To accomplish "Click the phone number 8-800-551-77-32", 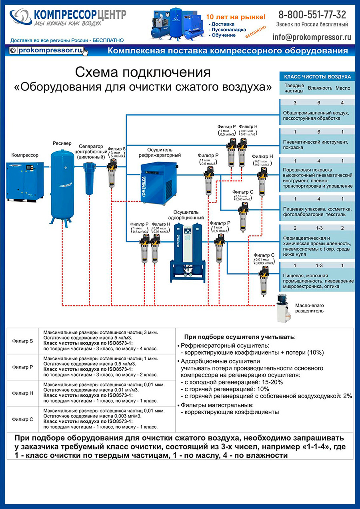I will coord(312,15).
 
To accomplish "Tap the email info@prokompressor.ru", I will coord(312,37).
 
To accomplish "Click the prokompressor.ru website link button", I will coord(48,50).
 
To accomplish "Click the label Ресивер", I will coord(62,143).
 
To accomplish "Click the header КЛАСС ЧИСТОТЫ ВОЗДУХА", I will coord(317,76).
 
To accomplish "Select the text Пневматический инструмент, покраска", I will coord(316,144).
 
